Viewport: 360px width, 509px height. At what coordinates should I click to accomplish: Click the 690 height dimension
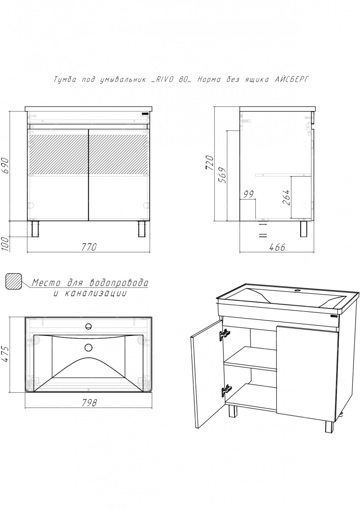(6, 165)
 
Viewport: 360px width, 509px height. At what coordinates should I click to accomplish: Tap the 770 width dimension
(89, 247)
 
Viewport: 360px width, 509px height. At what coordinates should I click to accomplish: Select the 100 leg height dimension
(6, 244)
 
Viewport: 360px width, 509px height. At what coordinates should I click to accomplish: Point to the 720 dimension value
(209, 163)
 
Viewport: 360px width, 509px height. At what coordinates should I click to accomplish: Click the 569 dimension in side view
(222, 175)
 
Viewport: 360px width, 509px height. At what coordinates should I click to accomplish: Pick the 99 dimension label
(249, 195)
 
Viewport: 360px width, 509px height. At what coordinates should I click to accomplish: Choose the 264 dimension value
(287, 197)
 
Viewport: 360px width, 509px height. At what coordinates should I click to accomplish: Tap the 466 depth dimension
(277, 247)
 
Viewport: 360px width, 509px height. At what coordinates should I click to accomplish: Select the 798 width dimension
(89, 403)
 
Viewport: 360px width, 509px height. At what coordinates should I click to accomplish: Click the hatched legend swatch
(14, 281)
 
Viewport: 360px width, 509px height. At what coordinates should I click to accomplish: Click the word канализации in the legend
(95, 294)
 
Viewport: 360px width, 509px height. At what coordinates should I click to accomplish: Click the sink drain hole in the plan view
(88, 347)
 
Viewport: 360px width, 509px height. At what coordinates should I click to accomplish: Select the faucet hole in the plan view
(88, 327)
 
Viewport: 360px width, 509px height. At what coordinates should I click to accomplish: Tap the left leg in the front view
(35, 229)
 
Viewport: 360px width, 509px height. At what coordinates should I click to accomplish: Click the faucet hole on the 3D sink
(297, 291)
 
